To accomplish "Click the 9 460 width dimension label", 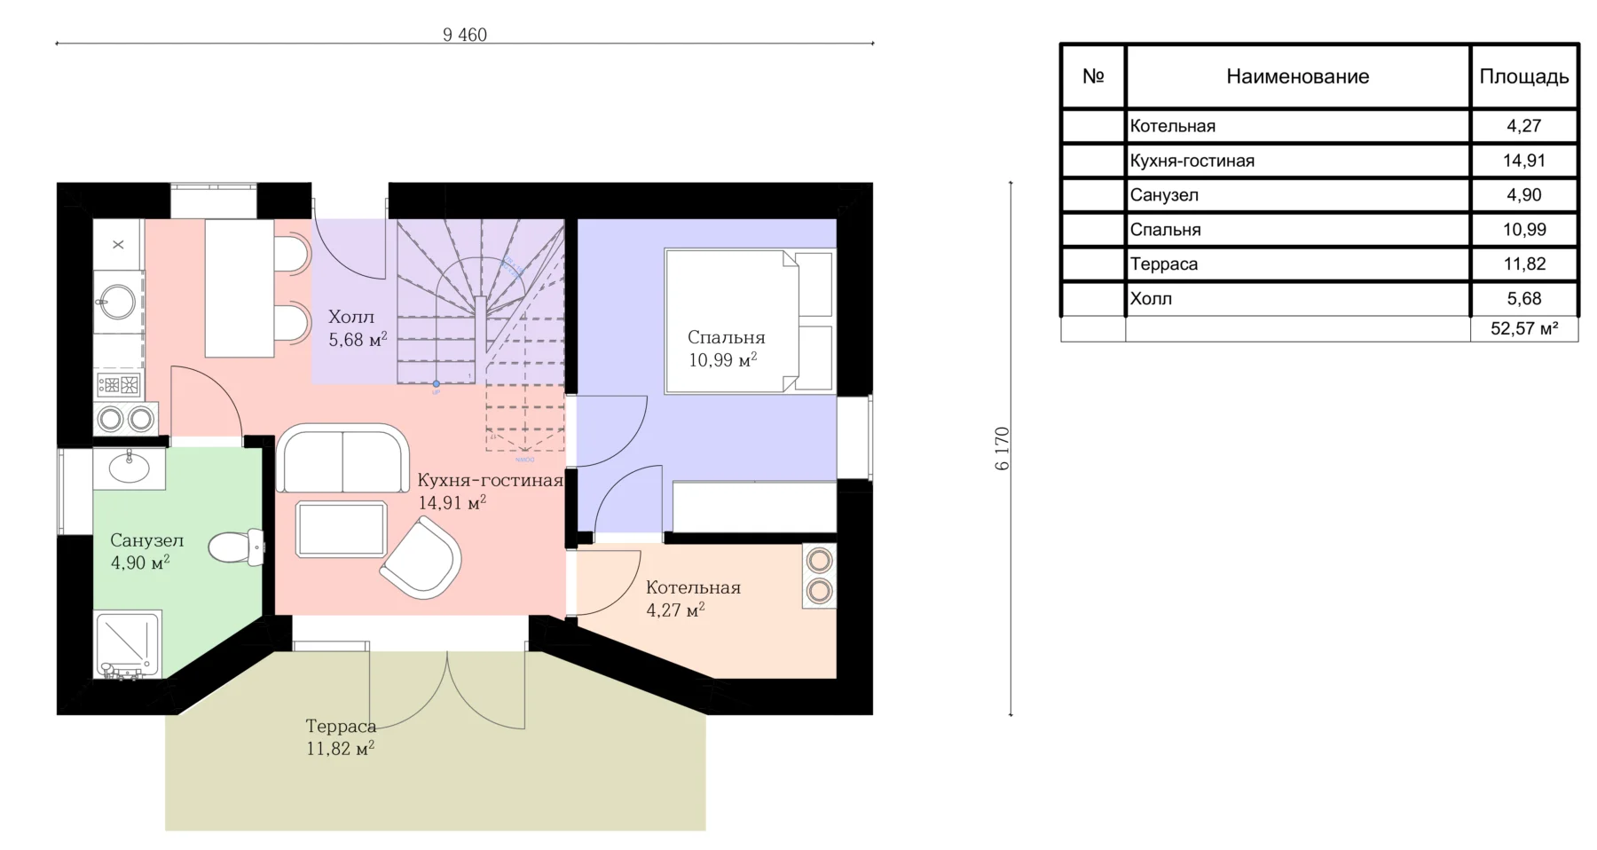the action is [x=465, y=35].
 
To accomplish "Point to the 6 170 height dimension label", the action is [x=1003, y=449].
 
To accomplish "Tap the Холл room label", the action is [x=351, y=317].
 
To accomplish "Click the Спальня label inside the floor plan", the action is [x=726, y=337].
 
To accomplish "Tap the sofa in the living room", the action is [x=342, y=458].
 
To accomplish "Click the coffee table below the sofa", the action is [x=342, y=530].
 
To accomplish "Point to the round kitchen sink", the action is [x=118, y=302].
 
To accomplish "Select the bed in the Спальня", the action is [x=750, y=321].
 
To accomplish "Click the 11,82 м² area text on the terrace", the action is [x=341, y=748].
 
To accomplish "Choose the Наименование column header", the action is [x=1297, y=76].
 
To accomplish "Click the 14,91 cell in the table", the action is [x=1524, y=161].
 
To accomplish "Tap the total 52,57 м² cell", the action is [x=1524, y=328].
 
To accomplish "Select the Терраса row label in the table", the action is [x=1163, y=264].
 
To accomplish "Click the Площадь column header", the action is [x=1524, y=76].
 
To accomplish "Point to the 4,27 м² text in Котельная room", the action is [x=675, y=610].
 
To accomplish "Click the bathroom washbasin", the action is [x=130, y=468].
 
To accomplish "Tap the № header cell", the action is [x=1093, y=76].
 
